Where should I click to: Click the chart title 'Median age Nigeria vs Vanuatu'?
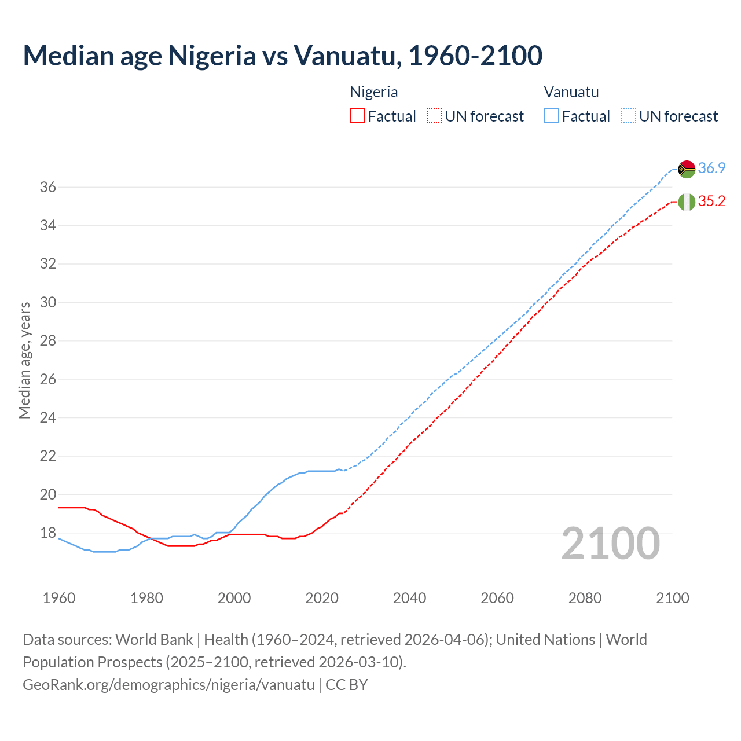coord(283,56)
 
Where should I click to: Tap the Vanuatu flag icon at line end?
coord(687,169)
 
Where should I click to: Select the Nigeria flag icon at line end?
coord(687,202)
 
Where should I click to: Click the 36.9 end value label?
coord(711,168)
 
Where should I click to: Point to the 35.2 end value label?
coord(711,201)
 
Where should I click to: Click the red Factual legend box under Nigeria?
coord(357,116)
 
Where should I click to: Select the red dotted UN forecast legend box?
coord(434,116)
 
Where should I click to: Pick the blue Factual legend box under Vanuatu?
coord(552,116)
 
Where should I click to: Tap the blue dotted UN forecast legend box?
coord(629,116)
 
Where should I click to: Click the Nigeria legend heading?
coord(374,92)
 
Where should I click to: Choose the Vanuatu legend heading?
coord(571,92)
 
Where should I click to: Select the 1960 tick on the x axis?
coord(59,598)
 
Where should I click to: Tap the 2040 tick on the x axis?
coord(409,598)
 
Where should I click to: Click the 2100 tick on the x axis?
coord(672,598)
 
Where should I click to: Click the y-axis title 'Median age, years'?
coord(24,360)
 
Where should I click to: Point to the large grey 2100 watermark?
coord(611,544)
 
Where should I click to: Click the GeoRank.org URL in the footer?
coord(168,685)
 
